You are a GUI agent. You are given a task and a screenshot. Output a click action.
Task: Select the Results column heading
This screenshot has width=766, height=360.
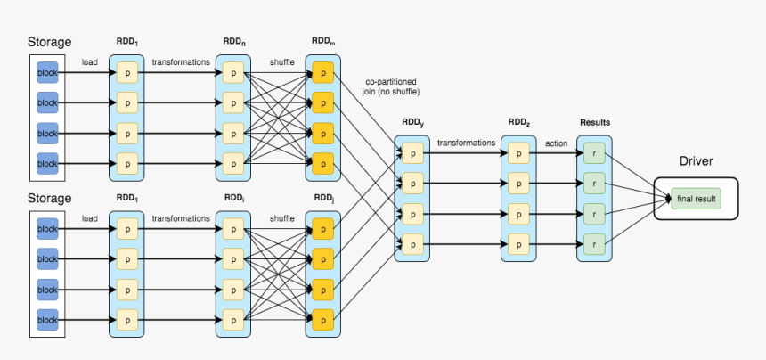pyautogui.click(x=594, y=122)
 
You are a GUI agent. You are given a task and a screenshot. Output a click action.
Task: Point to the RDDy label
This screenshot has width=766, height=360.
pyautogui.click(x=412, y=123)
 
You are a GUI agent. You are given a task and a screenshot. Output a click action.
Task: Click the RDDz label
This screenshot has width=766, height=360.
pyautogui.click(x=518, y=122)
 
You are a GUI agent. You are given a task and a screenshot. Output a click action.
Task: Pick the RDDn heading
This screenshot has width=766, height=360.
pyautogui.click(x=234, y=41)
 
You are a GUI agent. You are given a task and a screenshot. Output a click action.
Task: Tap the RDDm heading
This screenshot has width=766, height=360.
pyautogui.click(x=322, y=41)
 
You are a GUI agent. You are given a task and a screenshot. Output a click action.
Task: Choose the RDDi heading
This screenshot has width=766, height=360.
pyautogui.click(x=234, y=196)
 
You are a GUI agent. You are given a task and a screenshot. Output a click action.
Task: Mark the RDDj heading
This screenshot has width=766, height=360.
pyautogui.click(x=322, y=196)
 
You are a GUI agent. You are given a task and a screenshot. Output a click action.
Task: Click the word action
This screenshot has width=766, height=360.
pyautogui.click(x=556, y=142)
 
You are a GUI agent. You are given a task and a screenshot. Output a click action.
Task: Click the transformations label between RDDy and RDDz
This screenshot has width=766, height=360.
pyautogui.click(x=466, y=142)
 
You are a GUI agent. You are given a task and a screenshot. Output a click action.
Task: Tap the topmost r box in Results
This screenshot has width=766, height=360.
pyautogui.click(x=594, y=153)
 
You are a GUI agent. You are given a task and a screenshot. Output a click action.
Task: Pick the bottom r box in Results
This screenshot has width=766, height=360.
pyautogui.click(x=594, y=241)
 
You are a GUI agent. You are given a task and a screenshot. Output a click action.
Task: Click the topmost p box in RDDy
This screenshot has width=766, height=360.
pyautogui.click(x=412, y=153)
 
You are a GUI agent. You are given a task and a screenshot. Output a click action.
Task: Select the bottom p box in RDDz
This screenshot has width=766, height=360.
pyautogui.click(x=518, y=241)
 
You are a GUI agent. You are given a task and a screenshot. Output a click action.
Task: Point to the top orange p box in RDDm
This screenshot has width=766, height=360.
pyautogui.click(x=322, y=71)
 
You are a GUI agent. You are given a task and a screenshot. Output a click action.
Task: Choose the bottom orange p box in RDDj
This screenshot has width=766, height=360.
pyautogui.click(x=322, y=318)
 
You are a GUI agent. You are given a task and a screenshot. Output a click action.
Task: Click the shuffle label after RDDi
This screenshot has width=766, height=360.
pyautogui.click(x=282, y=218)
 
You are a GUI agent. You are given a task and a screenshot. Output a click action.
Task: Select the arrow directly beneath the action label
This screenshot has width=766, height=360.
pyautogui.click(x=556, y=153)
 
